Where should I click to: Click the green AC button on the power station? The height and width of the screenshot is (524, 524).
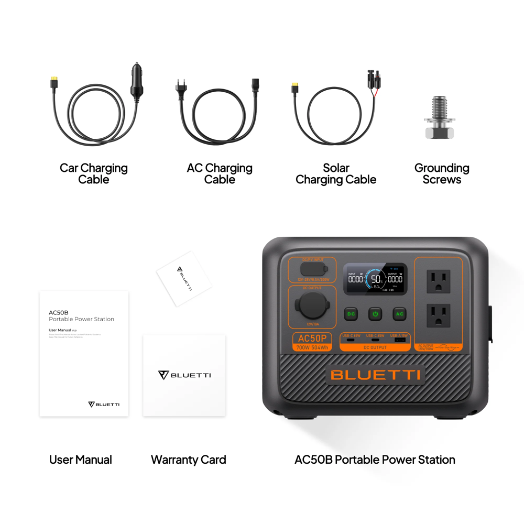point(399,314)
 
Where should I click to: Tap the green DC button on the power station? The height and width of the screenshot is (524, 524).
point(351,314)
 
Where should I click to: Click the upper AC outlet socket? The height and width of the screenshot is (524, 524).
point(438,281)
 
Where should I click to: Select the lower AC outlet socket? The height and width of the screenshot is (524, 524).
point(438,315)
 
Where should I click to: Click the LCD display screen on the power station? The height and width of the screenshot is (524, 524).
point(375,279)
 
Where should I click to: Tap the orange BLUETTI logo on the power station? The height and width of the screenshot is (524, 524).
point(375,375)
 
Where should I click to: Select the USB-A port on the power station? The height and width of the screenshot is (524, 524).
point(400,340)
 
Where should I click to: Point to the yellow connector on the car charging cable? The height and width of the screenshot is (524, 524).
point(54,81)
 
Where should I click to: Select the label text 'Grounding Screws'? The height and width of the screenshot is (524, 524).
point(442,173)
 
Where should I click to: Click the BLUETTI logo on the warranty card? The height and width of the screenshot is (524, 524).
point(184,375)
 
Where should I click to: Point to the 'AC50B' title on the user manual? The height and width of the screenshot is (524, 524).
point(57,312)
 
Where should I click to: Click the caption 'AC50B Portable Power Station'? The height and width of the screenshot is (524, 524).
point(375,460)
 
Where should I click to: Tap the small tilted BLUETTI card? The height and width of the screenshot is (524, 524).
point(184,278)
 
